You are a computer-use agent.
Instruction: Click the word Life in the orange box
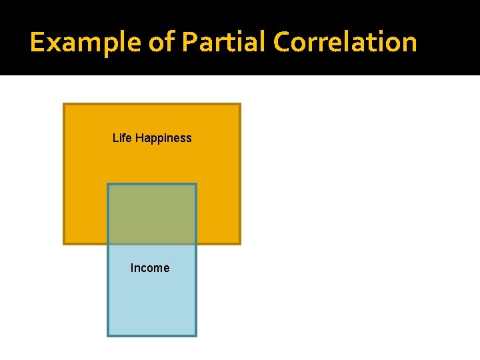point(122,138)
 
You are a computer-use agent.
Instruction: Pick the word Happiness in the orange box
point(163,138)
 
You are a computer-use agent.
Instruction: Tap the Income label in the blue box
point(150,268)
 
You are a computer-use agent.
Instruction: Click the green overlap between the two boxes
point(152,213)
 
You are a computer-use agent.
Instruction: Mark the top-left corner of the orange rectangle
point(64,104)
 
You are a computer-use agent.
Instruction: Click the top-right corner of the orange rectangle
point(239,104)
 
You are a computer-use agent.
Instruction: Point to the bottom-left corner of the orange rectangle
point(64,243)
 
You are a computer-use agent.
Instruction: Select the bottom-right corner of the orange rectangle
point(239,243)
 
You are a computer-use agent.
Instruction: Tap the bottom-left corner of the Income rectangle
point(108,335)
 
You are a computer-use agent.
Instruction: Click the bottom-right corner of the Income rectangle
point(196,335)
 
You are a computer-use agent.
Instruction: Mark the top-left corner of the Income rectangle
point(108,184)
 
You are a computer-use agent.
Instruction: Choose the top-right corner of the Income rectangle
point(196,184)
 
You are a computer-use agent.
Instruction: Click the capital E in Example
point(37,42)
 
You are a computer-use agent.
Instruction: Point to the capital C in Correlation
point(281,42)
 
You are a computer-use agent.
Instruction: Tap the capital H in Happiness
point(139,138)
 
